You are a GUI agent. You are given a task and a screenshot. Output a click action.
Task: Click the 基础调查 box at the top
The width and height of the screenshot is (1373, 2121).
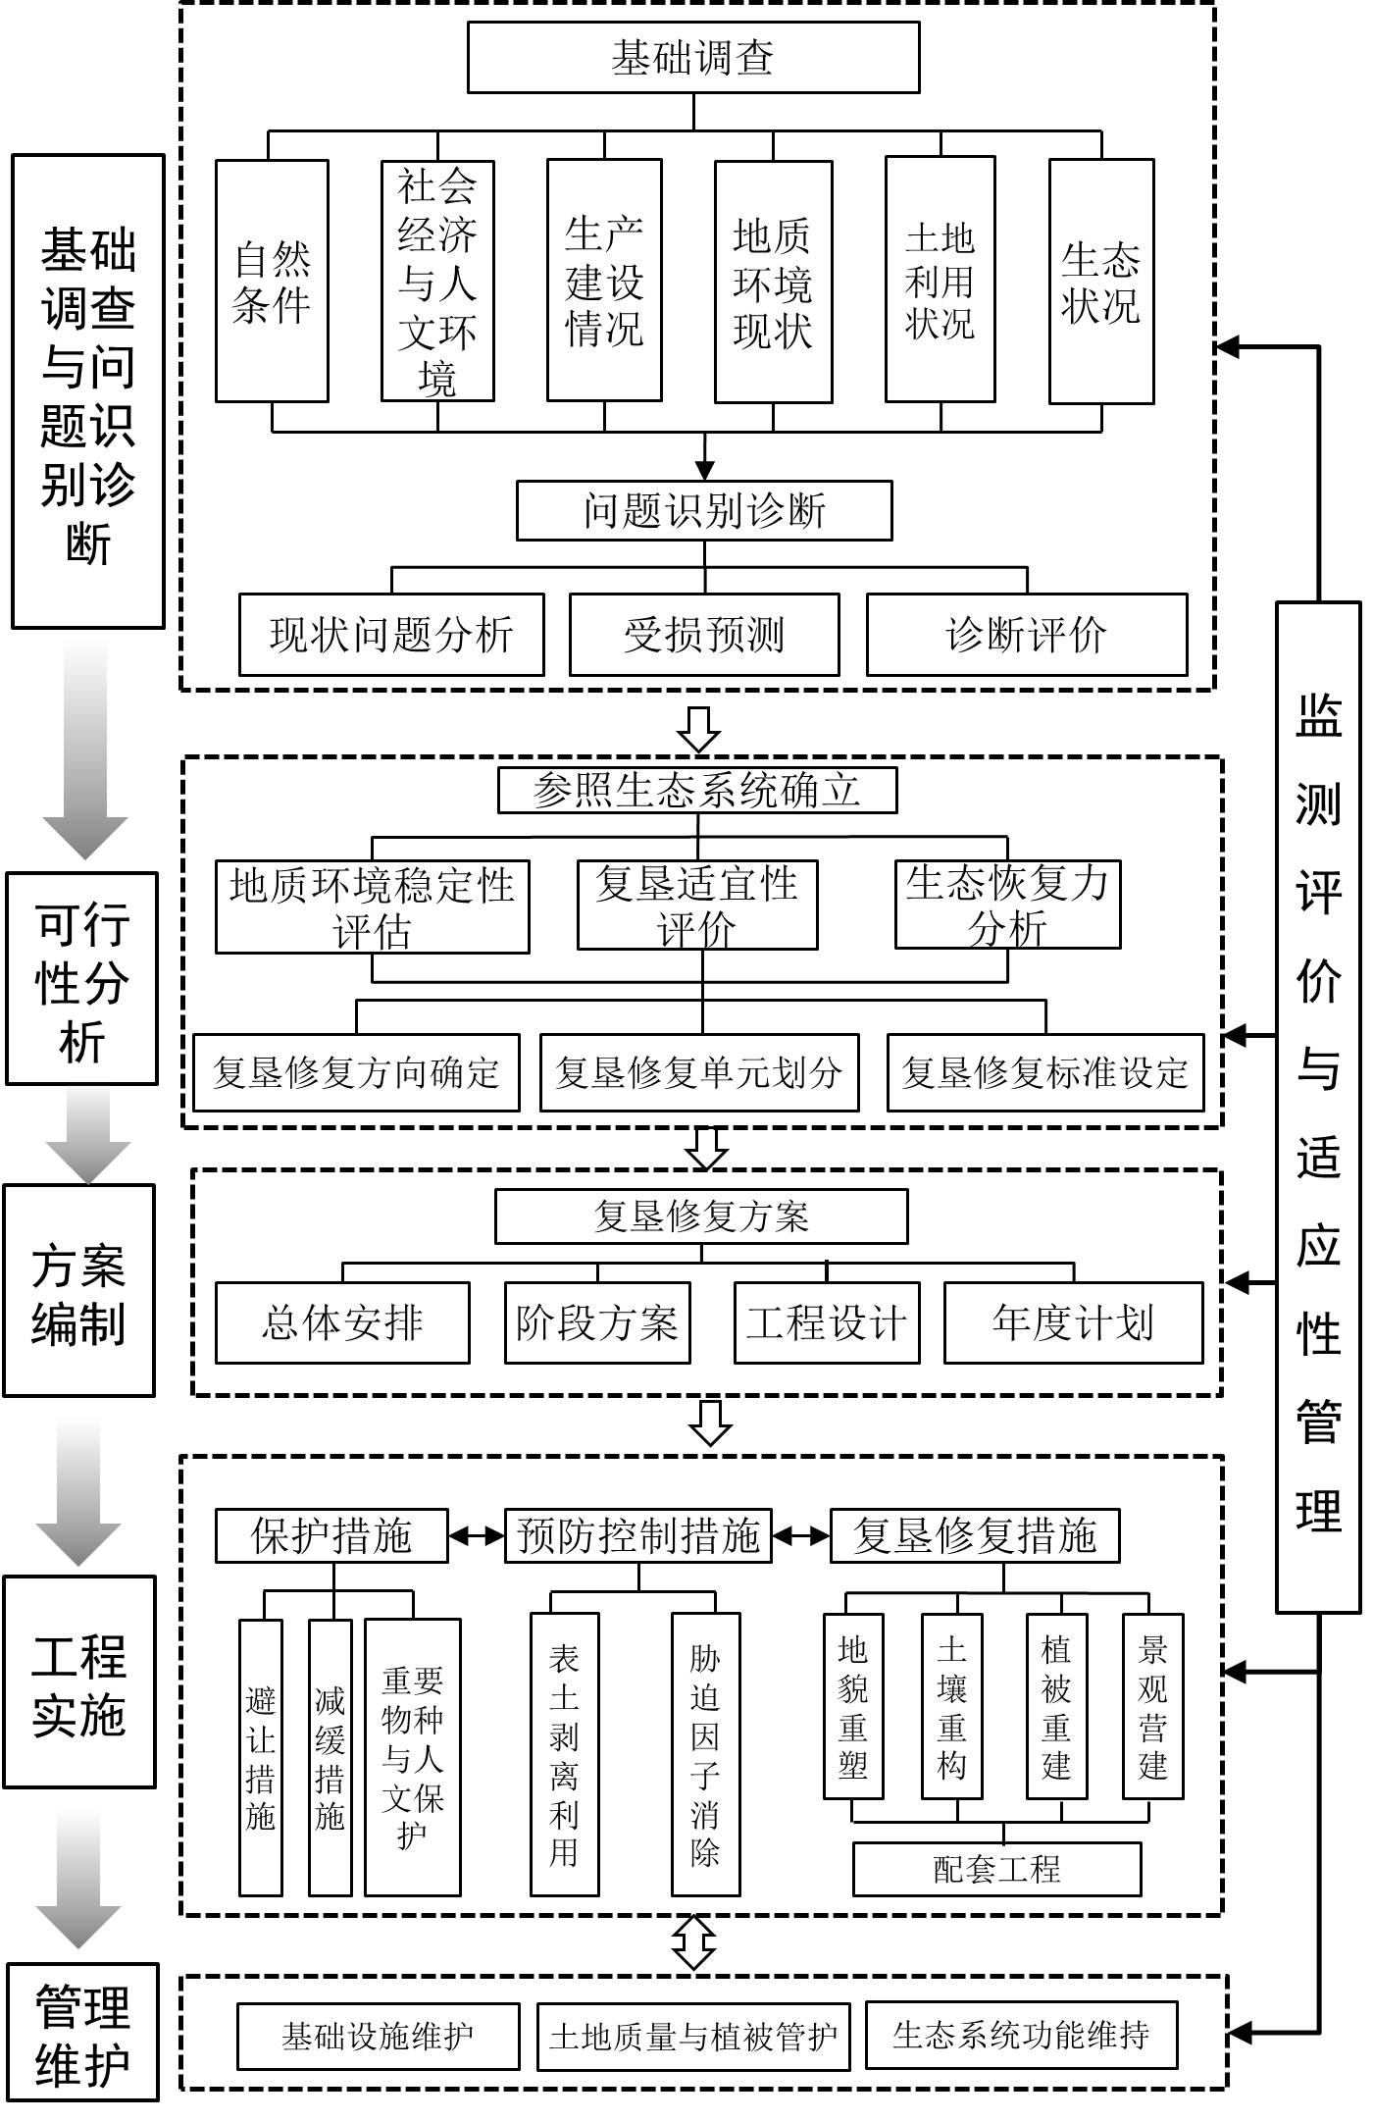692,58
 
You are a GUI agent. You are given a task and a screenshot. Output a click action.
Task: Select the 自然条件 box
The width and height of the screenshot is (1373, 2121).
272,282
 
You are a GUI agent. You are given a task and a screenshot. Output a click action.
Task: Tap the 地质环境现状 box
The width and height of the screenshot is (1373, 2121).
773,283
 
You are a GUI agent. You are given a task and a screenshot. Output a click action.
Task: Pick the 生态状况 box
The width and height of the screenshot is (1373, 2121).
1100,282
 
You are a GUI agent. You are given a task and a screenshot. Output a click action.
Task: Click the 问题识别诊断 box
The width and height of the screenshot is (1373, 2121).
704,510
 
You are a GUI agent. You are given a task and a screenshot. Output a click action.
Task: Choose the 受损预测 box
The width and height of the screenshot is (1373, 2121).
704,635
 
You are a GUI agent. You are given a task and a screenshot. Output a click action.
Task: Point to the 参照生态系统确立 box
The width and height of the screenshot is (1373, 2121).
697,791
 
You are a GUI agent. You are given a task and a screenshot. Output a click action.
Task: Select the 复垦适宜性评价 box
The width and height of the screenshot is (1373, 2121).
696,905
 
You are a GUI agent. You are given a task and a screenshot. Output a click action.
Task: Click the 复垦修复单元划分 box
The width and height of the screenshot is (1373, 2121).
699,1072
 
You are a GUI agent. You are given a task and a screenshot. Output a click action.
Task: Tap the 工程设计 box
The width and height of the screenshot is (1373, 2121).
827,1322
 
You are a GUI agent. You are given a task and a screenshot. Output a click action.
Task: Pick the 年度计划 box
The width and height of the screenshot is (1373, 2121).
1073,1322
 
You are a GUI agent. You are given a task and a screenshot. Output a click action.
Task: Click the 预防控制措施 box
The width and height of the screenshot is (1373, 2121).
638,1535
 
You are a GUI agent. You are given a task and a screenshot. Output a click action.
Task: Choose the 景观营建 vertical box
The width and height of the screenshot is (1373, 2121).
1152,1706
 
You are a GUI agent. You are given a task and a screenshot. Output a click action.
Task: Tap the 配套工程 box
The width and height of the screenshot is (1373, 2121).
996,1869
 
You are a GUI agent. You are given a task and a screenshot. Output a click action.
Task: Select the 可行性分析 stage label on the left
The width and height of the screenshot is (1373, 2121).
81,979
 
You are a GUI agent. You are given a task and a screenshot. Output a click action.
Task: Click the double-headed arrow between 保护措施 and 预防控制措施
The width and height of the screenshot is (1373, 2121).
477,1536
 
